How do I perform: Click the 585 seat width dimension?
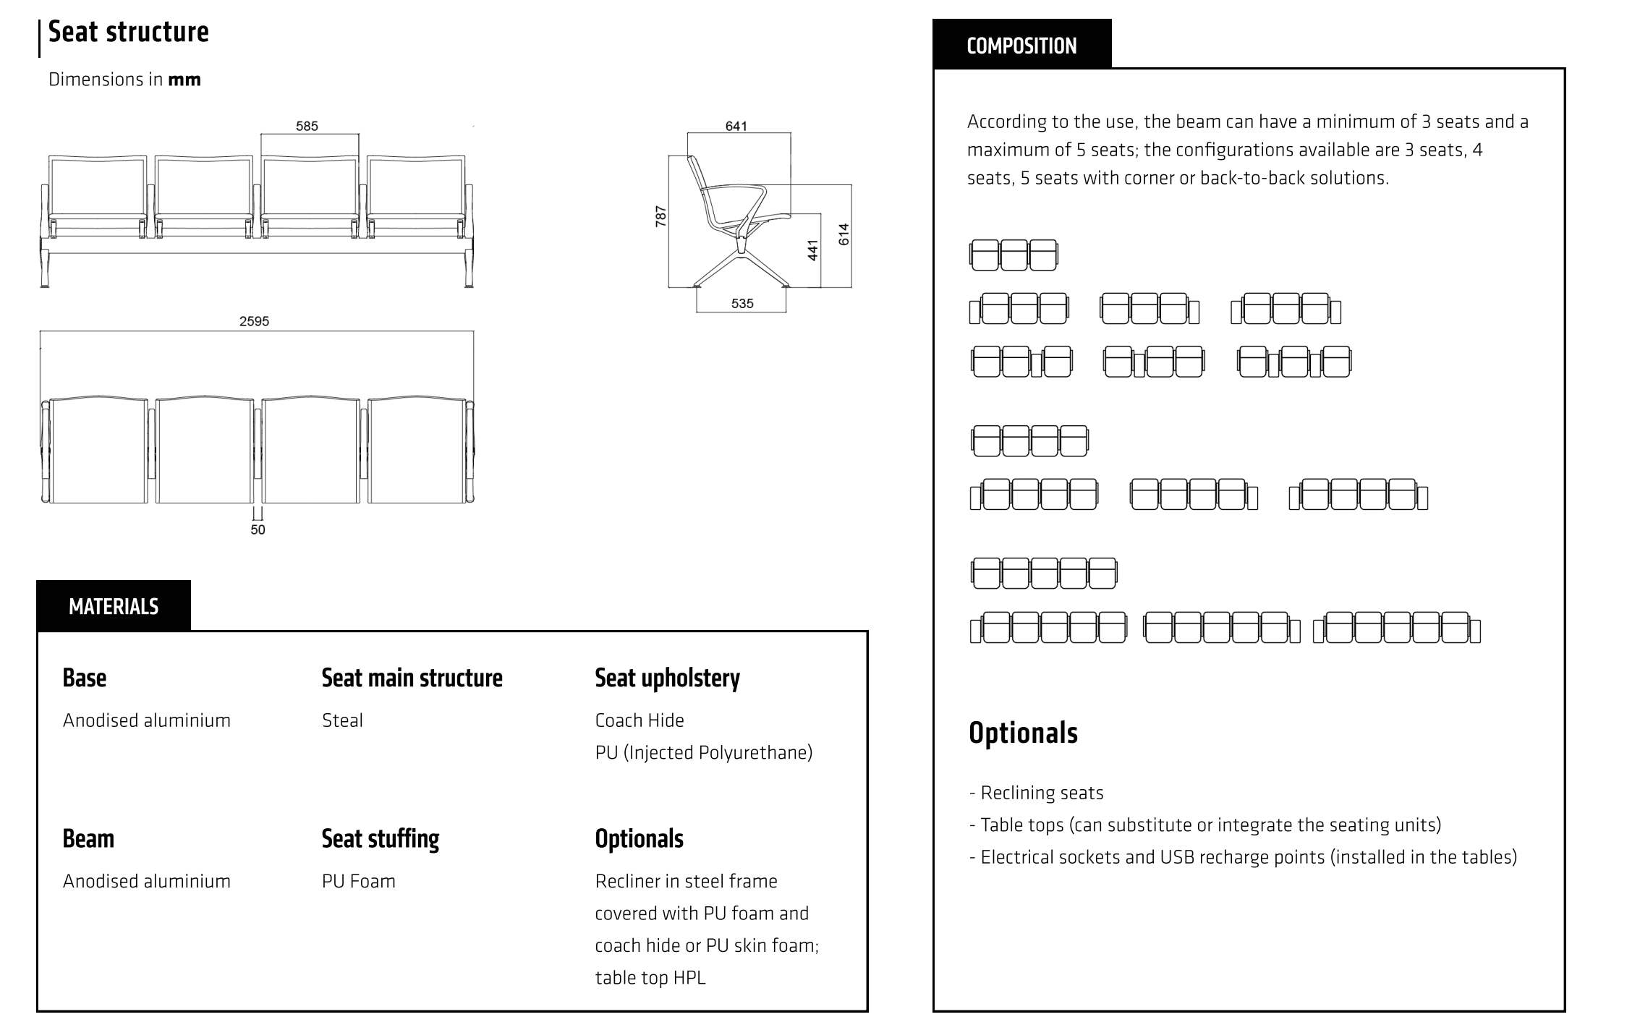pyautogui.click(x=307, y=126)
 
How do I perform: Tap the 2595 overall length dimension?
pyautogui.click(x=254, y=321)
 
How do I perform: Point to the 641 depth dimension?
pyautogui.click(x=736, y=126)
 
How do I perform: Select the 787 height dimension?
pyautogui.click(x=660, y=216)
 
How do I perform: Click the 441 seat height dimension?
pyautogui.click(x=813, y=250)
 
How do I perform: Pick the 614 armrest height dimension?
pyautogui.click(x=844, y=234)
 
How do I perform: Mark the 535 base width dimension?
pyautogui.click(x=742, y=304)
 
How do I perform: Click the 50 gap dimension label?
pyautogui.click(x=258, y=529)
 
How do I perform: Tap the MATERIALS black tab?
pyautogui.click(x=114, y=606)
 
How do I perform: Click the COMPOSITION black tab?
pyautogui.click(x=1021, y=46)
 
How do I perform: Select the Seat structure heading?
pyautogui.click(x=128, y=32)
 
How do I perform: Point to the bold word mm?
pyautogui.click(x=184, y=80)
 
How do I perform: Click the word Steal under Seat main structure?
pyautogui.click(x=342, y=720)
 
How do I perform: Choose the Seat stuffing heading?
pyautogui.click(x=381, y=839)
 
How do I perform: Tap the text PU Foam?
pyautogui.click(x=359, y=881)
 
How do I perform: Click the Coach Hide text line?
pyautogui.click(x=640, y=720)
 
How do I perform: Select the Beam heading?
pyautogui.click(x=88, y=839)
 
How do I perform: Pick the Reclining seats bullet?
pyautogui.click(x=1037, y=793)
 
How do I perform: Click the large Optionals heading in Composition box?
pyautogui.click(x=1023, y=733)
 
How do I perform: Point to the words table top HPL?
pyautogui.click(x=650, y=978)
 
